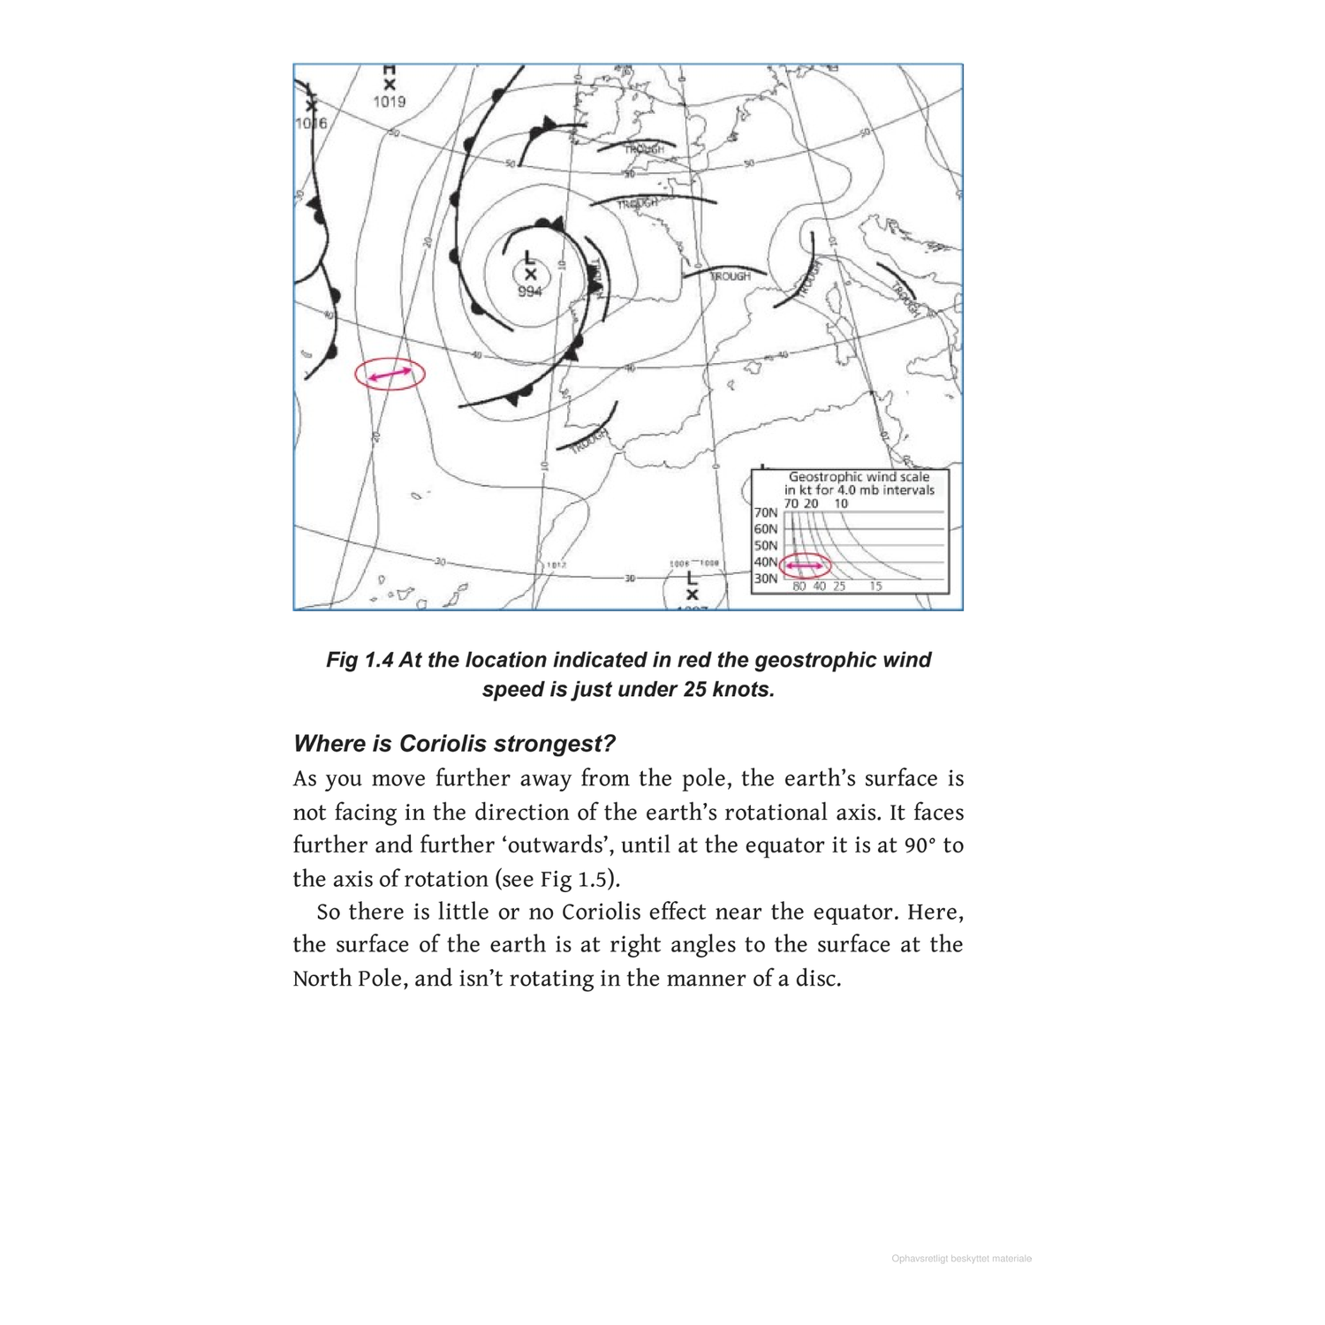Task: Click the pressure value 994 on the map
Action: [x=529, y=291]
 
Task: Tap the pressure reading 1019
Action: [x=389, y=102]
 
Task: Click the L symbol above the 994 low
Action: [x=529, y=257]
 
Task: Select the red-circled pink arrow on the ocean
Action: [x=390, y=375]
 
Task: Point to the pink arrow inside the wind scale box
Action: [x=805, y=565]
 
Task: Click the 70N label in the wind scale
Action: [x=766, y=512]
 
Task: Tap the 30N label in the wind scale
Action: [x=766, y=579]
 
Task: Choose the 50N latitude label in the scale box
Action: [x=766, y=545]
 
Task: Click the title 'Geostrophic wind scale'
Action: [x=859, y=476]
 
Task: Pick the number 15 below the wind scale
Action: [x=874, y=586]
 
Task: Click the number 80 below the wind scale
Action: [x=799, y=586]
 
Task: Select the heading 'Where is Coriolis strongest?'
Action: [x=454, y=743]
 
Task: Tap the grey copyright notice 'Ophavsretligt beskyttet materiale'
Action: [x=961, y=1259]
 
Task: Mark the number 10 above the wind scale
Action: [x=841, y=503]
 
